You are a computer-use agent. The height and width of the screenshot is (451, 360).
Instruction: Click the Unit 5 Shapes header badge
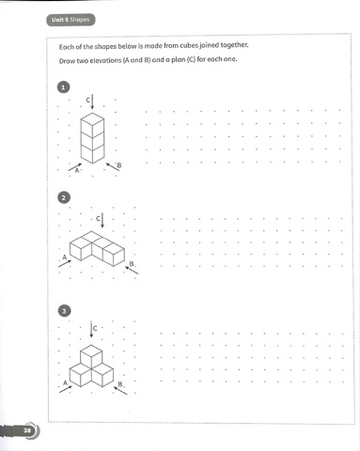pyautogui.click(x=70, y=20)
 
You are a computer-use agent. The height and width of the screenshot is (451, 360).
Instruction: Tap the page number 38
pyautogui.click(x=27, y=430)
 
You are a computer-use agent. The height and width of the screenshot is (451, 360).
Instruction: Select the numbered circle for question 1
pyautogui.click(x=63, y=87)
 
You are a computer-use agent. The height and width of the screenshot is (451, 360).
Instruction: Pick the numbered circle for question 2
pyautogui.click(x=64, y=197)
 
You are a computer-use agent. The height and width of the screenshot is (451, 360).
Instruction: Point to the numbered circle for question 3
pyautogui.click(x=64, y=311)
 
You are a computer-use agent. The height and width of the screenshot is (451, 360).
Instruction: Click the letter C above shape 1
pyautogui.click(x=88, y=100)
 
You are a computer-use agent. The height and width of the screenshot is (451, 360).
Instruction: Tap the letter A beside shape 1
pyautogui.click(x=77, y=170)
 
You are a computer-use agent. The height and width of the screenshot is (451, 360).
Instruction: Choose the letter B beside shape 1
pyautogui.click(x=119, y=165)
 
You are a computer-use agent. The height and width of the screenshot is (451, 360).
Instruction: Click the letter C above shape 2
pyautogui.click(x=98, y=218)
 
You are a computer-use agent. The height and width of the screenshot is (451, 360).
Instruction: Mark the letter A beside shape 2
pyautogui.click(x=65, y=257)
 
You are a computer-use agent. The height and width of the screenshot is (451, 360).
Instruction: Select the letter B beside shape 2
pyautogui.click(x=132, y=264)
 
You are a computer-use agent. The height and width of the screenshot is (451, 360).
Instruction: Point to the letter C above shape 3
pyautogui.click(x=95, y=328)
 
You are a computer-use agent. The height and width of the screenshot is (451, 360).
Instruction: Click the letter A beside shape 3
pyautogui.click(x=65, y=382)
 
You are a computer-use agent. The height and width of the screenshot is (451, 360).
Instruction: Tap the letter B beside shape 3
pyautogui.click(x=120, y=384)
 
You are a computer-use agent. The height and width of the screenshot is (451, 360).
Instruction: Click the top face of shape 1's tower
pyautogui.click(x=92, y=119)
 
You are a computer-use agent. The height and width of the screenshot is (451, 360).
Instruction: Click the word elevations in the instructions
pyautogui.click(x=105, y=60)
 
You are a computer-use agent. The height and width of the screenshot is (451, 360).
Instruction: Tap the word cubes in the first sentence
pyautogui.click(x=189, y=45)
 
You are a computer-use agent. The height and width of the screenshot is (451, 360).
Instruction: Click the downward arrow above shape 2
pyautogui.click(x=102, y=221)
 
